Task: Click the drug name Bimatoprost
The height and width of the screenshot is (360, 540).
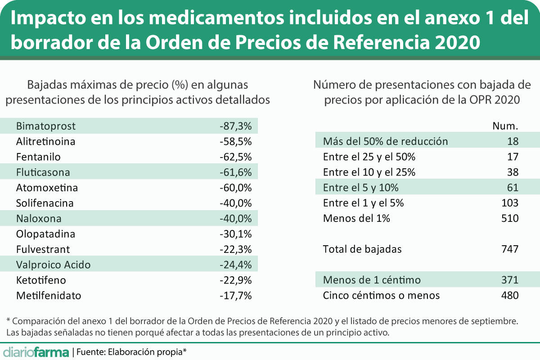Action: (45, 126)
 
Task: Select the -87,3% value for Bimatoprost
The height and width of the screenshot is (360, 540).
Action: (235, 126)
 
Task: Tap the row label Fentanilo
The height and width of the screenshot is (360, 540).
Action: (38, 157)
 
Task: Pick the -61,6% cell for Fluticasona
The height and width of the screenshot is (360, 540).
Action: (235, 172)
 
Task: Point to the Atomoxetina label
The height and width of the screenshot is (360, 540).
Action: (47, 188)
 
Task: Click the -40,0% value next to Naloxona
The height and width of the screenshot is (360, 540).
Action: (235, 219)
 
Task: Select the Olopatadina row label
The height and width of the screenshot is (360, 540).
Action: (45, 234)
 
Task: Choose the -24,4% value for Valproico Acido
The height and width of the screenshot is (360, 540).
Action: (235, 265)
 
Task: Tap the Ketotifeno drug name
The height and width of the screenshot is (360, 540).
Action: (41, 280)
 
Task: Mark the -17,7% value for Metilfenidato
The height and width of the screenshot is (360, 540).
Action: (235, 296)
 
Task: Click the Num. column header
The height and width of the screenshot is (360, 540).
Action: (506, 126)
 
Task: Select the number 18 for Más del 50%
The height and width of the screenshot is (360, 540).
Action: (512, 141)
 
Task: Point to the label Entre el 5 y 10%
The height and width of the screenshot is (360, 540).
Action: (361, 188)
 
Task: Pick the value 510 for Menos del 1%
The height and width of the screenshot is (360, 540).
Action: (510, 219)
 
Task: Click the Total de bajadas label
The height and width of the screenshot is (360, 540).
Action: (362, 249)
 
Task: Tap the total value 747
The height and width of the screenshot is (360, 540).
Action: (510, 249)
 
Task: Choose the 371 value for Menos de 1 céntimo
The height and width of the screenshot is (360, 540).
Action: (510, 280)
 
